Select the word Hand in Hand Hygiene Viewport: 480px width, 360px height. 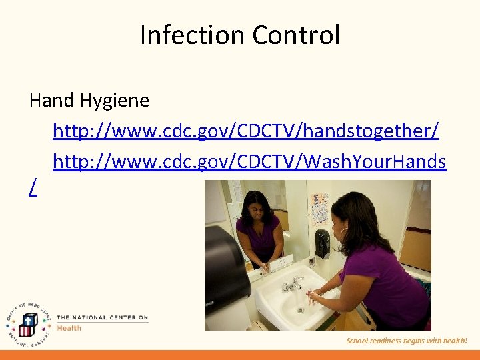click(52, 101)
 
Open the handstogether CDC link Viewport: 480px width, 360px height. click(245, 131)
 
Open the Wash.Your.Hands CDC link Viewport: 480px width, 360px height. click(249, 161)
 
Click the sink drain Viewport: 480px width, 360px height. click(300, 309)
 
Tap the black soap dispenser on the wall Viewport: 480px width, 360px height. click(322, 243)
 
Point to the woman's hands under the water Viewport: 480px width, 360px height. click(313, 293)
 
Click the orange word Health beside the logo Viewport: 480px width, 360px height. click(69, 328)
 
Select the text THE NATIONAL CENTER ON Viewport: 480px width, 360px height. click(102, 317)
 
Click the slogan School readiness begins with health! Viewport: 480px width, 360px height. click(407, 341)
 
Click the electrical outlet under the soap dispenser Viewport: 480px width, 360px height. click(312, 262)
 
